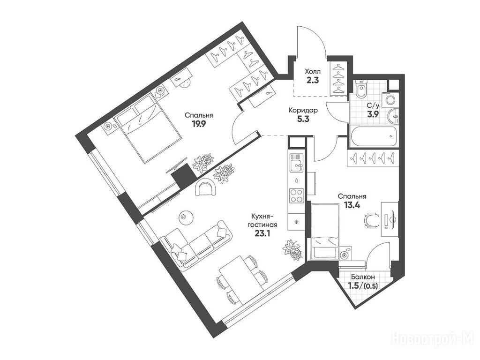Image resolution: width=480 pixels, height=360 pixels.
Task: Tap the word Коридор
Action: click(x=303, y=110)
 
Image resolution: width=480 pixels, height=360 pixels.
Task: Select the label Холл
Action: click(x=313, y=72)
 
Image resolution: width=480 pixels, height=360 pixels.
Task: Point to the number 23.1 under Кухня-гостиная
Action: click(x=262, y=233)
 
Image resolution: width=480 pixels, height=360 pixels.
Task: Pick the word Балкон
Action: click(x=363, y=277)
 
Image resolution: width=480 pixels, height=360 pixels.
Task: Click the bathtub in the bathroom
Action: click(x=374, y=137)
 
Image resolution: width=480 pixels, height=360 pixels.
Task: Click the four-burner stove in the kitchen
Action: click(x=296, y=195)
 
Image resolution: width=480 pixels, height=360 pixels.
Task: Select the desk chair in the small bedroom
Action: click(x=371, y=220)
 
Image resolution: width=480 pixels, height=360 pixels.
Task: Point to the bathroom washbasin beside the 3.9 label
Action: click(x=393, y=116)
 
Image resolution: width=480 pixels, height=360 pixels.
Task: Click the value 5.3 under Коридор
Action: click(x=303, y=119)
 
